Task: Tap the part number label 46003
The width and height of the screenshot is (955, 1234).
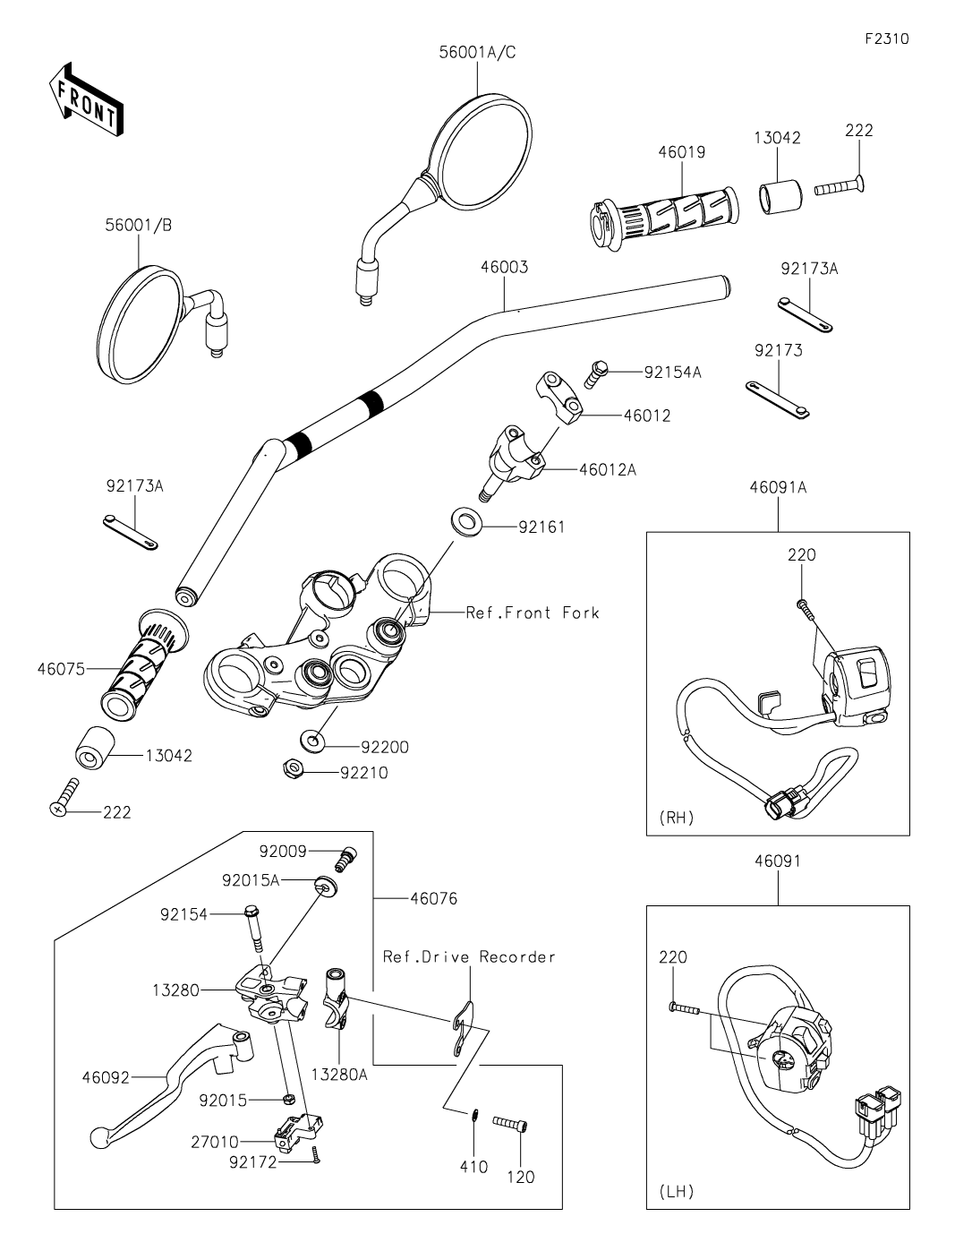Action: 504,267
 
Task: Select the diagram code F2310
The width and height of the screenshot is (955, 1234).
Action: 887,39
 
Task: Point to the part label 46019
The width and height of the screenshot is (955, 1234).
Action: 681,152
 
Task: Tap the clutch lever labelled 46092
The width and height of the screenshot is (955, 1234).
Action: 170,1084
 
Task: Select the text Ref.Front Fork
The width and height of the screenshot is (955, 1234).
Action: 532,613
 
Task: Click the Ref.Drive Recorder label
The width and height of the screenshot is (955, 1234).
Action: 469,956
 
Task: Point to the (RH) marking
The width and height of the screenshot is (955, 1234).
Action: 677,818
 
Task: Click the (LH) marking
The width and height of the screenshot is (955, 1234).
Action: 676,1191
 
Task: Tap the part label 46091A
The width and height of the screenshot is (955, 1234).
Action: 778,487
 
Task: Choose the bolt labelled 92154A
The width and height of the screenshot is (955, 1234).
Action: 596,371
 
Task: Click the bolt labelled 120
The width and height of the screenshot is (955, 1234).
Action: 510,1123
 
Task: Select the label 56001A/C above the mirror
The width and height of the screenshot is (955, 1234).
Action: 477,53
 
